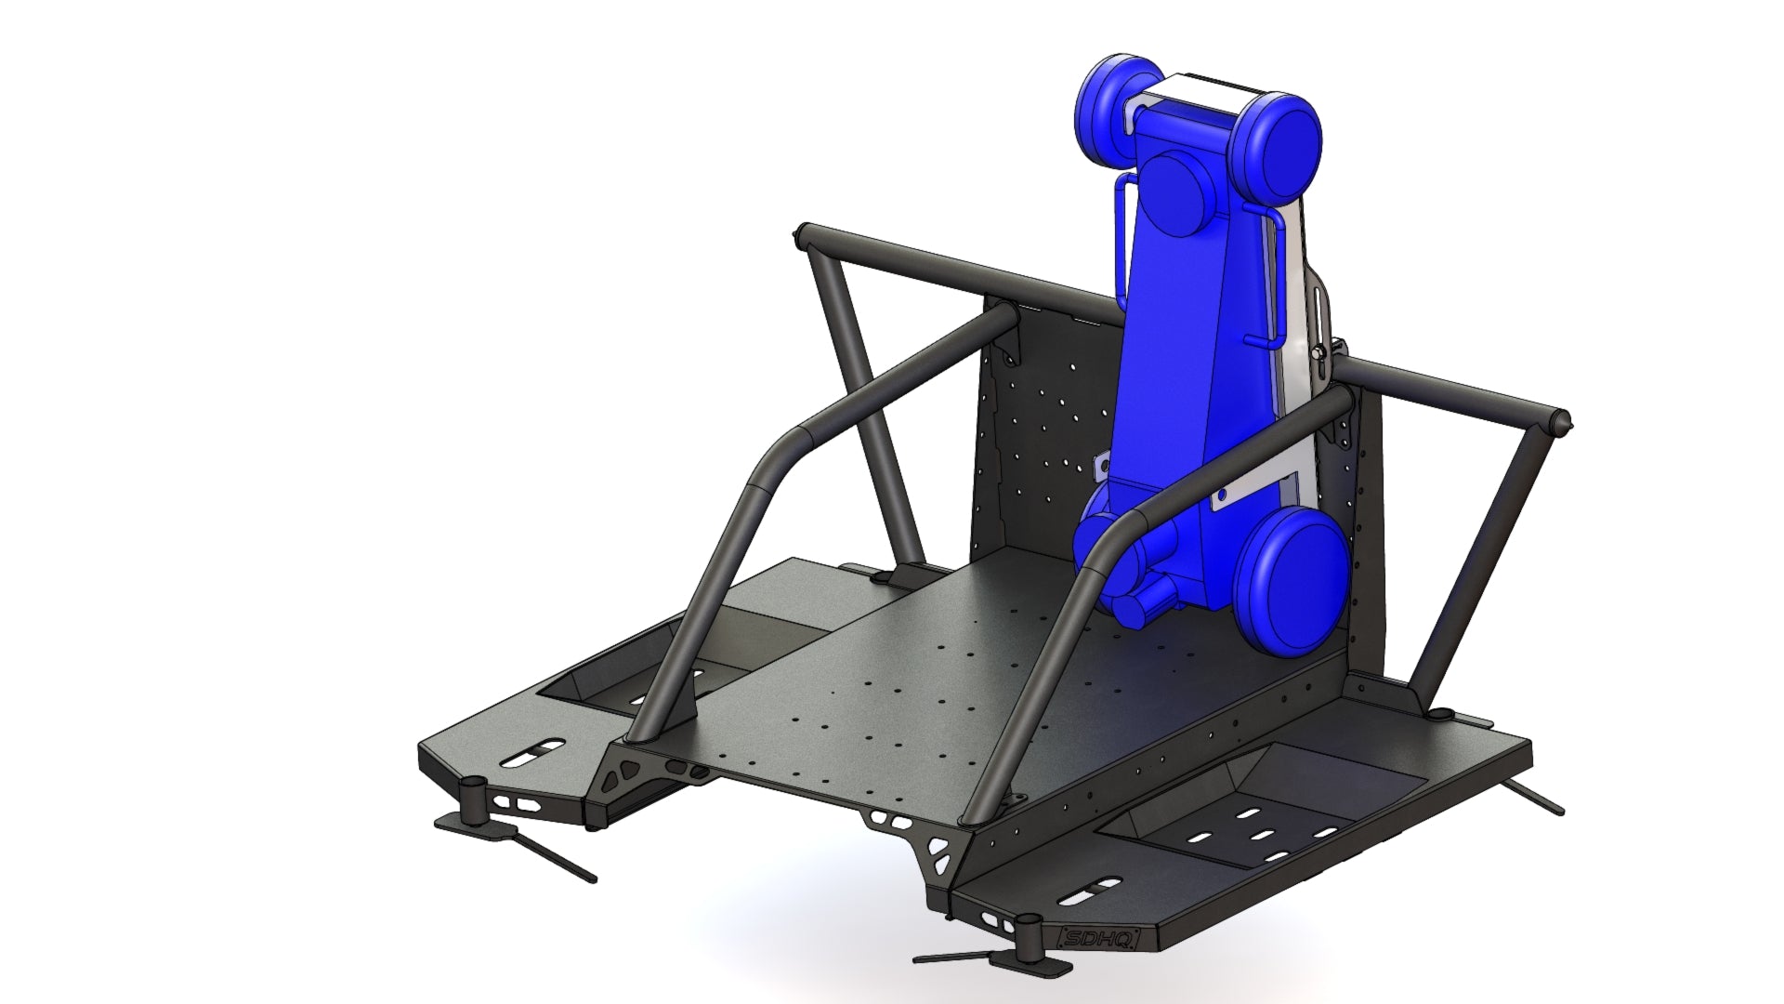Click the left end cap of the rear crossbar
801,236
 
